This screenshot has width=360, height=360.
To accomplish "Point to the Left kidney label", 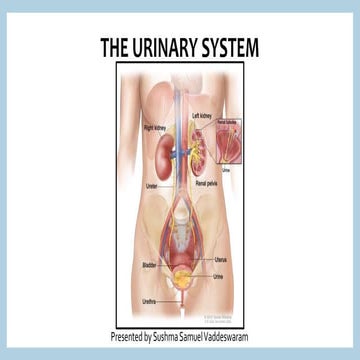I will [204, 117].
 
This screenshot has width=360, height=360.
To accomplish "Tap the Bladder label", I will [149, 264].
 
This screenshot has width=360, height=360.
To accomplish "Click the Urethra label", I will [150, 298].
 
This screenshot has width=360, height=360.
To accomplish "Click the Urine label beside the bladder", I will [219, 276].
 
